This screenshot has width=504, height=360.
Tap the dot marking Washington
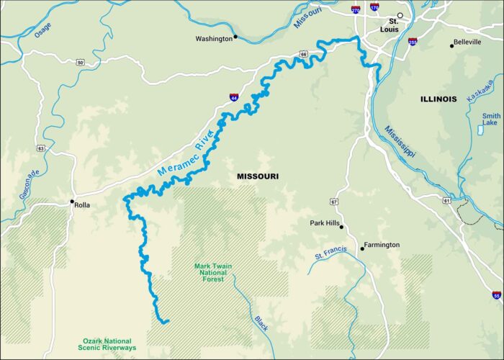point(235,37)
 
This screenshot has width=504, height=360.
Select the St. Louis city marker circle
point(401,15)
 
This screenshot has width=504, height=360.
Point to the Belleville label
point(467,43)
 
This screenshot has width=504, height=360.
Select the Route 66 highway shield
point(304,54)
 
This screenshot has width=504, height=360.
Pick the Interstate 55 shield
point(497,295)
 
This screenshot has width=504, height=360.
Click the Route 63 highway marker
point(41,148)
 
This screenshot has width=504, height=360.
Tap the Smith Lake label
point(491,120)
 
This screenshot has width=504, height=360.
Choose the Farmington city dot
point(362,246)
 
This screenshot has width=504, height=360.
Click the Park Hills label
point(323,223)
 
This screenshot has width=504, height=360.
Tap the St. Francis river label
point(330,253)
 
